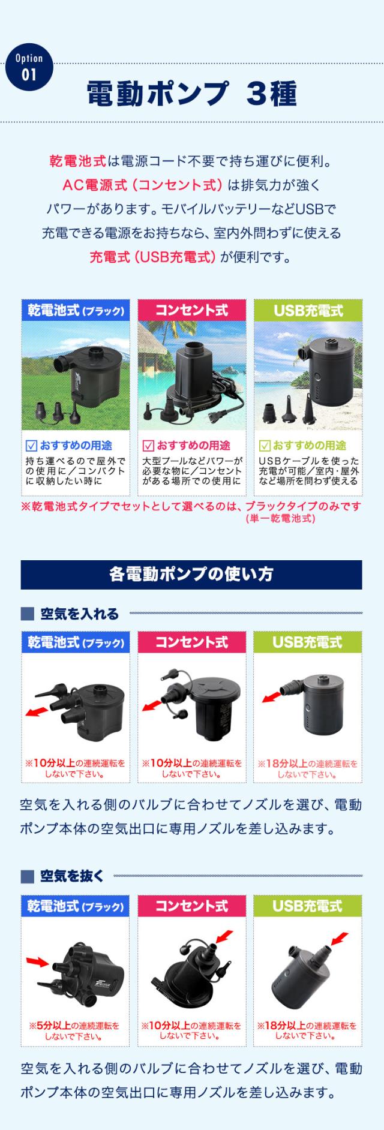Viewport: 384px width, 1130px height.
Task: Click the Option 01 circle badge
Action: [29, 67]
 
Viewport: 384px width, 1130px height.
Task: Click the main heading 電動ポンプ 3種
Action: [191, 93]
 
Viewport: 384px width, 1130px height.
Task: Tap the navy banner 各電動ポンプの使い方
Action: [191, 574]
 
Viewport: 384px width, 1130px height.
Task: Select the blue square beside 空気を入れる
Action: [27, 614]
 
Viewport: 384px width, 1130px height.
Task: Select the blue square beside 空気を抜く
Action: [27, 876]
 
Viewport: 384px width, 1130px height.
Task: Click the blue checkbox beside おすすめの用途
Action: [32, 446]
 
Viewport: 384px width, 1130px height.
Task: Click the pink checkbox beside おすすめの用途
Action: [148, 446]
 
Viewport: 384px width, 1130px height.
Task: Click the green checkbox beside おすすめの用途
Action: [265, 446]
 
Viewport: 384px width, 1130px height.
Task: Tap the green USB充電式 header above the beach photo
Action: [308, 310]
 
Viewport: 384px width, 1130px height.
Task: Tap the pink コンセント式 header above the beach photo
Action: [192, 310]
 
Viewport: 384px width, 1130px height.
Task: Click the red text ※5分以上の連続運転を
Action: [74, 1026]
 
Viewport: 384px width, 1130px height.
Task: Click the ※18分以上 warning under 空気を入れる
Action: [307, 764]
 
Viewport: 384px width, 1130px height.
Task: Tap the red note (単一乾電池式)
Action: [280, 518]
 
